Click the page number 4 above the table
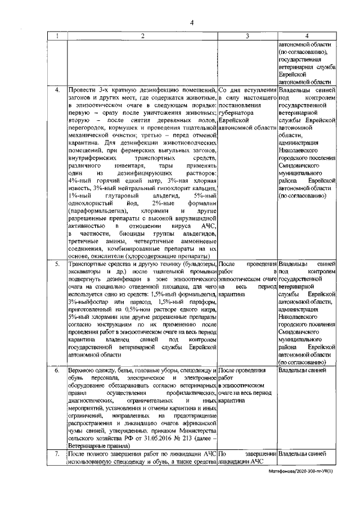coord(191,22)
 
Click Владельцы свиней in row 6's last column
coord(302,371)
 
